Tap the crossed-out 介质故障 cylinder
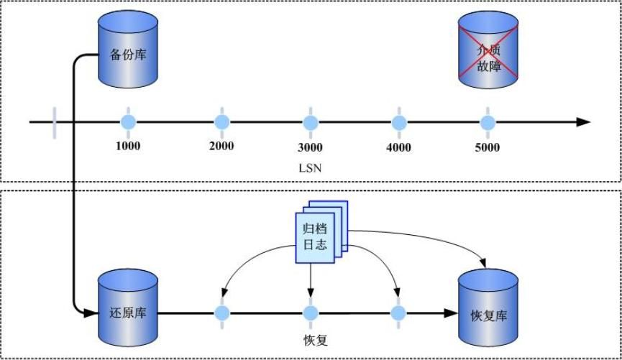coord(488,55)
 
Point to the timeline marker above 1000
coord(129,121)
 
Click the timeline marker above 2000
coord(221,121)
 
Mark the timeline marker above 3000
coord(310,121)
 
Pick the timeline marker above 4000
coord(398,121)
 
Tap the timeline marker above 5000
coord(488,121)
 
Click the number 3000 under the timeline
coord(310,147)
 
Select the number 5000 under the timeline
coord(488,147)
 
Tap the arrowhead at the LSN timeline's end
coord(583,122)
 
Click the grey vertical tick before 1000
coord(54,121)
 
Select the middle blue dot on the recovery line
coord(310,313)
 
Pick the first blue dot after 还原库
coord(221,313)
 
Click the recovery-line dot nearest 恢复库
coord(399,313)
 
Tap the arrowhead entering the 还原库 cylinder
coord(91,313)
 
